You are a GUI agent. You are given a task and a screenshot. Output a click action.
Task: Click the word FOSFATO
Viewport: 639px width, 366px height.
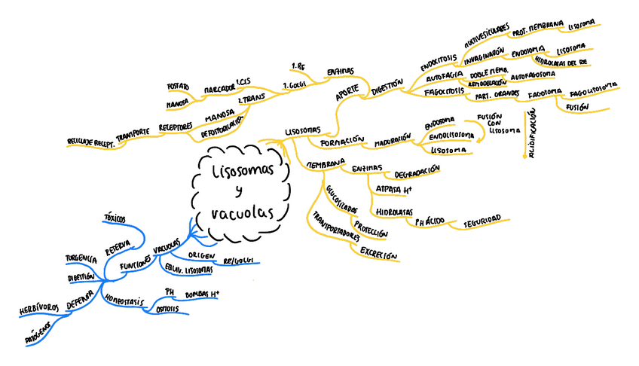click(177, 87)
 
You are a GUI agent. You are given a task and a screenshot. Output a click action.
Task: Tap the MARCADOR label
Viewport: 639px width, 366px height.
click(219, 90)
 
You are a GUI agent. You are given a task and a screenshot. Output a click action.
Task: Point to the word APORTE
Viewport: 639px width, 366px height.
click(347, 93)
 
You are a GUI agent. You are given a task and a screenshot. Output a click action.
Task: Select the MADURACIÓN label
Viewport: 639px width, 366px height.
click(394, 139)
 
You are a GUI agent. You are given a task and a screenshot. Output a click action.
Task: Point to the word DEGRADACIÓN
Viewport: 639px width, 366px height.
click(417, 172)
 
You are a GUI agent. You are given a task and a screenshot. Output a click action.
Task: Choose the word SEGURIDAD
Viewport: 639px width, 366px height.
click(482, 220)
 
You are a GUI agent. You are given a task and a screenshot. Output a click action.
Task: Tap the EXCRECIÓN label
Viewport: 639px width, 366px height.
click(378, 254)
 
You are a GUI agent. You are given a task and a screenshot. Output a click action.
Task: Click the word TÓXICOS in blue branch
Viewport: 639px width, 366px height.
click(115, 218)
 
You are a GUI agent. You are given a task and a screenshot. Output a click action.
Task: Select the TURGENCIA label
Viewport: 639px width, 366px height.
click(81, 259)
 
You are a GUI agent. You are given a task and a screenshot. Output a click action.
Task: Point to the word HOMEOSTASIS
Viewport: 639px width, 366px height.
click(124, 300)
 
